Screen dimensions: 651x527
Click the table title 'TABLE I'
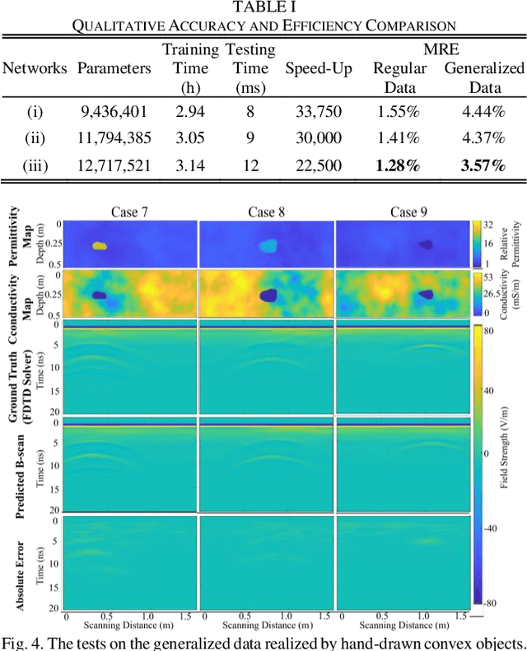click(x=263, y=7)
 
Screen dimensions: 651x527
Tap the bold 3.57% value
click(x=483, y=166)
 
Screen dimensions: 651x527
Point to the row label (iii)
click(x=35, y=166)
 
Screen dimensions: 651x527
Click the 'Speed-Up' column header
click(x=313, y=68)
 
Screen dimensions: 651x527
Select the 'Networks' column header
click(x=35, y=68)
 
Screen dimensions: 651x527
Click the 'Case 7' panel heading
click(x=129, y=212)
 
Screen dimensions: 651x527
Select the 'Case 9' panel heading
click(x=403, y=212)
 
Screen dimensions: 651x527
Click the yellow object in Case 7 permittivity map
click(x=99, y=245)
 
